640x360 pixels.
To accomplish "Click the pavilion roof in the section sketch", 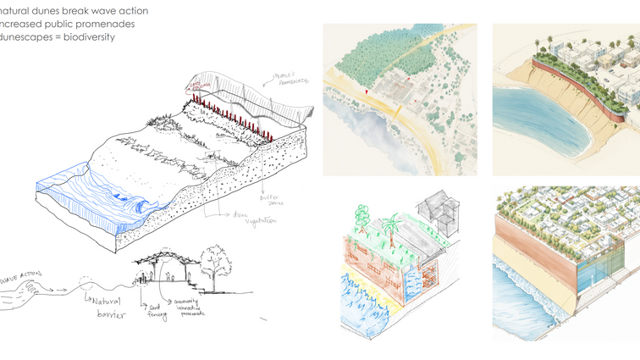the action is click(x=162, y=254).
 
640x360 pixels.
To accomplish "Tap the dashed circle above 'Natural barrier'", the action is click(x=84, y=285).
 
